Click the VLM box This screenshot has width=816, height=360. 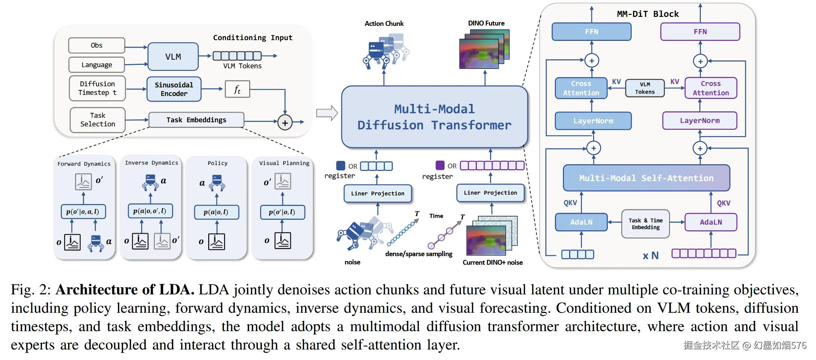point(173,57)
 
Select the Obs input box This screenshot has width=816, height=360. point(96,45)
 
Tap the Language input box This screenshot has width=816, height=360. point(96,65)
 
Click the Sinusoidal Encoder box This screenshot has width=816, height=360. point(174,89)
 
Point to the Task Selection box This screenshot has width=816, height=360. point(98,120)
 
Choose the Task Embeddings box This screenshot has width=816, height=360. point(196,120)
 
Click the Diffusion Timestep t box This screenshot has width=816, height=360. point(97,88)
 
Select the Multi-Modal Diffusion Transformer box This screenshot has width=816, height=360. point(434,117)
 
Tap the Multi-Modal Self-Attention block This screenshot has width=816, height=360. point(646,178)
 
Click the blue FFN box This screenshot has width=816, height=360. point(591,32)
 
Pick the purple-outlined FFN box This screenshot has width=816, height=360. point(700,32)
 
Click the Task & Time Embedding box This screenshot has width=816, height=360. point(645,224)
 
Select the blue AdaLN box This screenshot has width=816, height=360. point(581,222)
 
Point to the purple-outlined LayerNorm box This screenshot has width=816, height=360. point(700,121)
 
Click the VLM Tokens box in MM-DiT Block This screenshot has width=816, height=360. point(645,88)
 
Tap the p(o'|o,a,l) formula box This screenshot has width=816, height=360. point(83,212)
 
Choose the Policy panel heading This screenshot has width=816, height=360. point(218,163)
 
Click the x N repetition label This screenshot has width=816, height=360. point(651,256)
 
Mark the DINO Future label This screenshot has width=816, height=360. point(486,23)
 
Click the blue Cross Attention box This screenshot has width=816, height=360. point(581,88)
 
